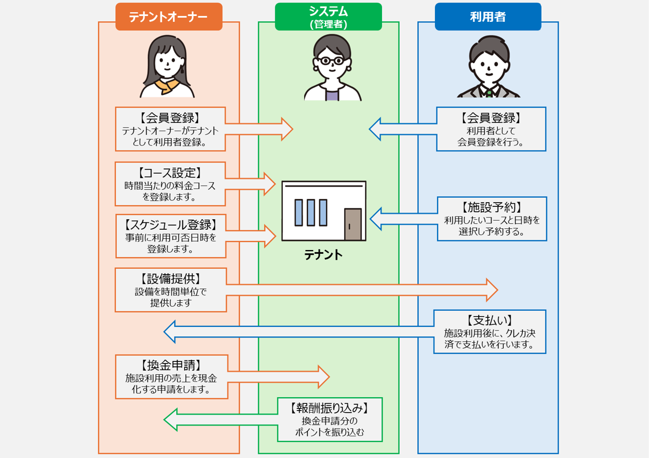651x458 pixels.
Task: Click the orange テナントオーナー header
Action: point(169,17)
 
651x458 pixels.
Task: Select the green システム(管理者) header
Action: point(328,16)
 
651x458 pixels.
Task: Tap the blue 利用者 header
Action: point(488,17)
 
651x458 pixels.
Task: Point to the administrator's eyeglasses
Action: point(329,61)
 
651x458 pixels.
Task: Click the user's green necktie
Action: point(489,92)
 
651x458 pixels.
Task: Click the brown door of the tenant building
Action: point(353,224)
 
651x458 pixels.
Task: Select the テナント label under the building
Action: point(323,255)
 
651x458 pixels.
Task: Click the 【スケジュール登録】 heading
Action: point(170,224)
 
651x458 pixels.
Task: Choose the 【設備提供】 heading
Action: point(170,278)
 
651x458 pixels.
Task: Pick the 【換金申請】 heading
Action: point(171,365)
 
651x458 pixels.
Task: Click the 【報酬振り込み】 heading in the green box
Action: point(329,408)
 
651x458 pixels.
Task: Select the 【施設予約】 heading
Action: point(491,207)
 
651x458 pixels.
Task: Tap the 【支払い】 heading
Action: point(489,320)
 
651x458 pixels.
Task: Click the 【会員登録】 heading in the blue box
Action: point(490,117)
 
